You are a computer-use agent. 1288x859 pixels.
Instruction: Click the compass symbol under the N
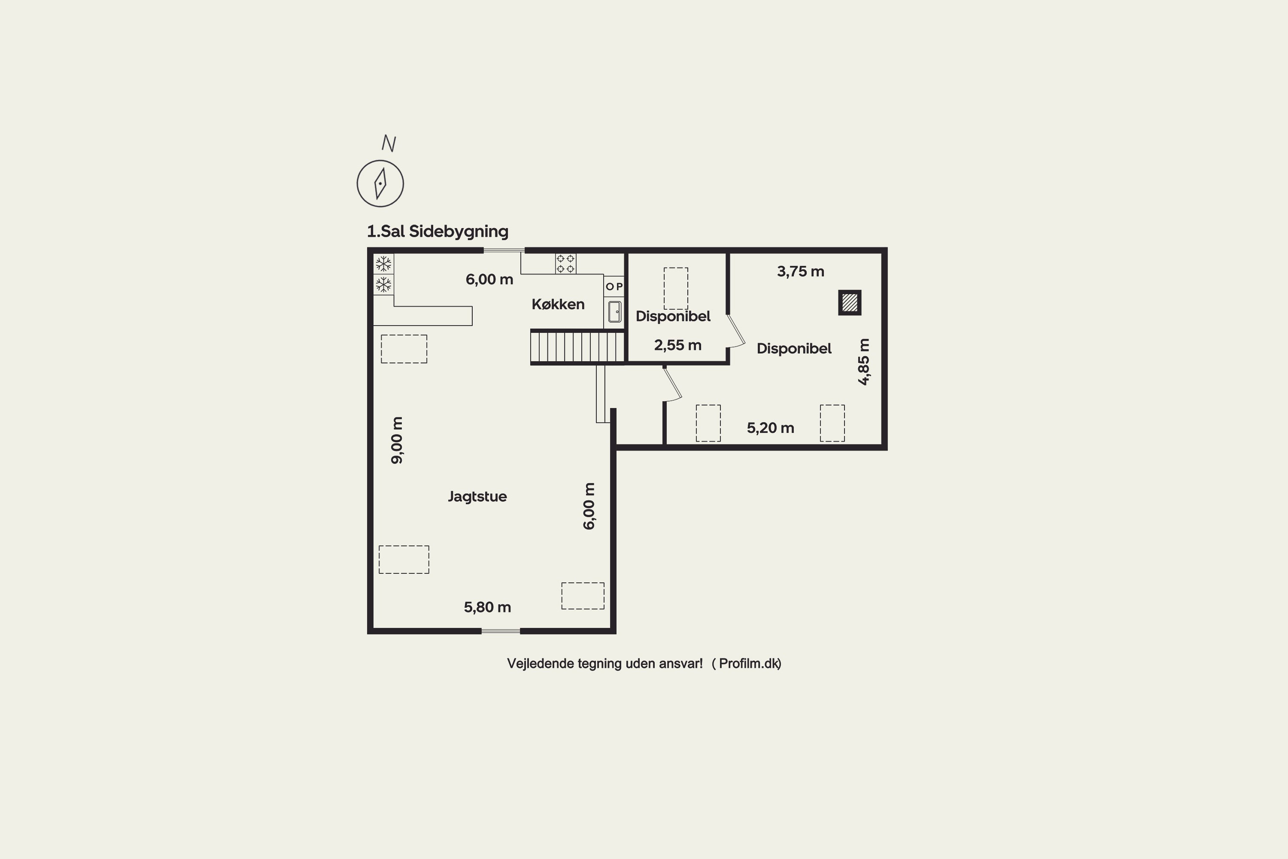tap(380, 183)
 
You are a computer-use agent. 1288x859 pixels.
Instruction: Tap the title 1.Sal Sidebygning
tap(437, 231)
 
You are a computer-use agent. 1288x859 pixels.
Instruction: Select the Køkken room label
tap(558, 304)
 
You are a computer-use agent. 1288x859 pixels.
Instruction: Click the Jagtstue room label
tap(477, 497)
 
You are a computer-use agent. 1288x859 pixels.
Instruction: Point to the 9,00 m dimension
tap(397, 441)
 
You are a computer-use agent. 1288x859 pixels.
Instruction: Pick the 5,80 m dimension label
tap(487, 607)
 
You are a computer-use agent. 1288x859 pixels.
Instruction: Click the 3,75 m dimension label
tap(801, 271)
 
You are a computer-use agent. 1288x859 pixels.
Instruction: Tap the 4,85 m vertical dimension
tap(863, 362)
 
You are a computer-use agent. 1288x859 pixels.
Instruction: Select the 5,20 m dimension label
tap(771, 428)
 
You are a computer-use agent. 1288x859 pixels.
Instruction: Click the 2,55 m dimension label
tap(678, 345)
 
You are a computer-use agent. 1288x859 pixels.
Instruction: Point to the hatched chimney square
tap(850, 302)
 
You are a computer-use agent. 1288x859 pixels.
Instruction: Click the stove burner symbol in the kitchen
tap(566, 264)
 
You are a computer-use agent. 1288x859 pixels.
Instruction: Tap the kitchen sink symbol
tap(614, 312)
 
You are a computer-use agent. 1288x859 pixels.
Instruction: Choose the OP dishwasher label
tap(614, 286)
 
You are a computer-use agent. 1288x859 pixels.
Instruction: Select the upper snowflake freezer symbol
tap(383, 264)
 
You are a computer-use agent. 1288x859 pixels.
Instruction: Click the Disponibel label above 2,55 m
tap(673, 316)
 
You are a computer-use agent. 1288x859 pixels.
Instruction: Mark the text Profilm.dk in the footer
tap(749, 664)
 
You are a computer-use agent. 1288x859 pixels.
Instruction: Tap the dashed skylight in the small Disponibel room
tap(676, 289)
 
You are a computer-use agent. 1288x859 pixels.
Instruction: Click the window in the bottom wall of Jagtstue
tap(501, 631)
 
